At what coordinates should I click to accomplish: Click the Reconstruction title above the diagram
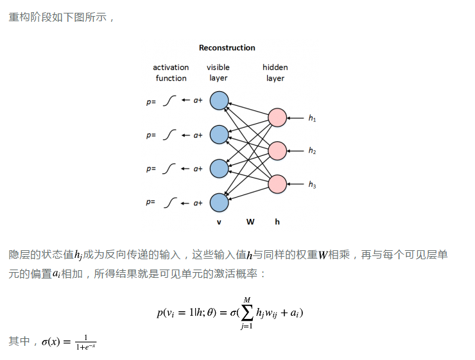[x=227, y=47]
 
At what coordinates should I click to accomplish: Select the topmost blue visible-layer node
[x=219, y=100]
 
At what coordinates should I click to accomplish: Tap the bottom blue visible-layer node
[x=219, y=203]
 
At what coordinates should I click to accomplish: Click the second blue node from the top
[x=219, y=135]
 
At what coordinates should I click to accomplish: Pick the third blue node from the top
[x=219, y=168]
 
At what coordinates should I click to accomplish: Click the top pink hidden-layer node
[x=277, y=118]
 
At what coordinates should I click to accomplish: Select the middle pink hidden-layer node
[x=277, y=151]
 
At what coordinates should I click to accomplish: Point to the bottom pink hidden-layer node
[x=277, y=184]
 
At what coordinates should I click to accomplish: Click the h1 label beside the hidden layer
[x=312, y=119]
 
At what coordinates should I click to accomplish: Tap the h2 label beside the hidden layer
[x=312, y=151]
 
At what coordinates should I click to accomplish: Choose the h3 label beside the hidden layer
[x=312, y=185]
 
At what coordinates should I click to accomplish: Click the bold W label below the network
[x=250, y=222]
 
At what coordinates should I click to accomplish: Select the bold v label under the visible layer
[x=219, y=222]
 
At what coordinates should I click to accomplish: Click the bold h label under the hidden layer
[x=277, y=222]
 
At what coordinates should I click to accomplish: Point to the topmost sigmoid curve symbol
[x=169, y=101]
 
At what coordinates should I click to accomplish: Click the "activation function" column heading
[x=171, y=73]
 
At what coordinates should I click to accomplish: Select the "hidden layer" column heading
[x=275, y=73]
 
